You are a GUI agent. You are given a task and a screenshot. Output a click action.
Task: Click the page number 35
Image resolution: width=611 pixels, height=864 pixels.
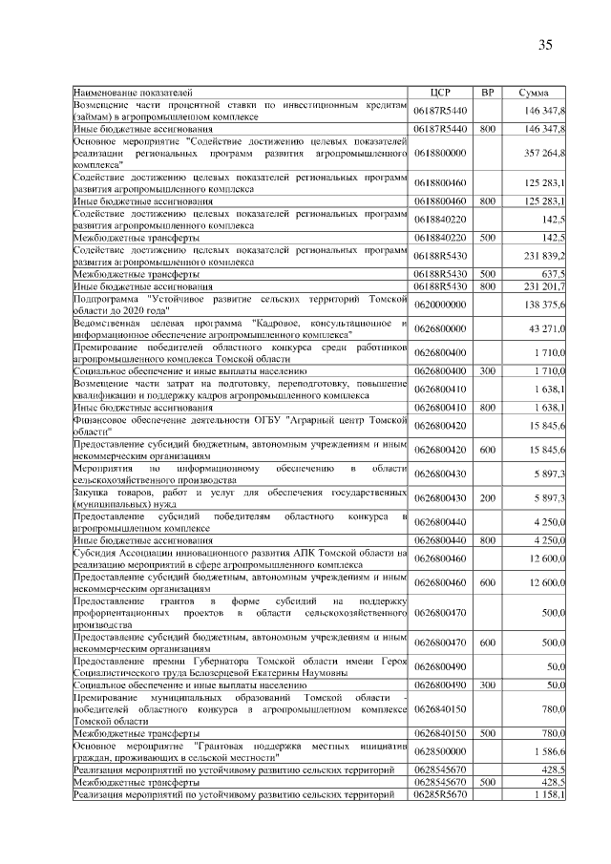[545, 45]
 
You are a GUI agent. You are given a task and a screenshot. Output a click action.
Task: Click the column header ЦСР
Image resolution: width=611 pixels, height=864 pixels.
[440, 92]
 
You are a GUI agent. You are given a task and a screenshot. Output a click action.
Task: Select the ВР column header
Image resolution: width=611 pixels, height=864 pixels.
[487, 92]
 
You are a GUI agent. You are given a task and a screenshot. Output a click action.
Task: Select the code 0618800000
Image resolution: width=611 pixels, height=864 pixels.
[439, 153]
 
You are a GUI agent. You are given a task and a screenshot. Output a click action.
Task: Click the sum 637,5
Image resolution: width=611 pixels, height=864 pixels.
[553, 273]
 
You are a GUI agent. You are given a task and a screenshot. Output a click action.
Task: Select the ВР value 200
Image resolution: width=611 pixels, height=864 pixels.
[487, 498]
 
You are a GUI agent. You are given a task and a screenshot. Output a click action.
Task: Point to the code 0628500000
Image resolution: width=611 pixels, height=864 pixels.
[439, 751]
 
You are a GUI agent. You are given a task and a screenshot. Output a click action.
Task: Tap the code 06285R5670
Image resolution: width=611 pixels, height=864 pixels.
[439, 793]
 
